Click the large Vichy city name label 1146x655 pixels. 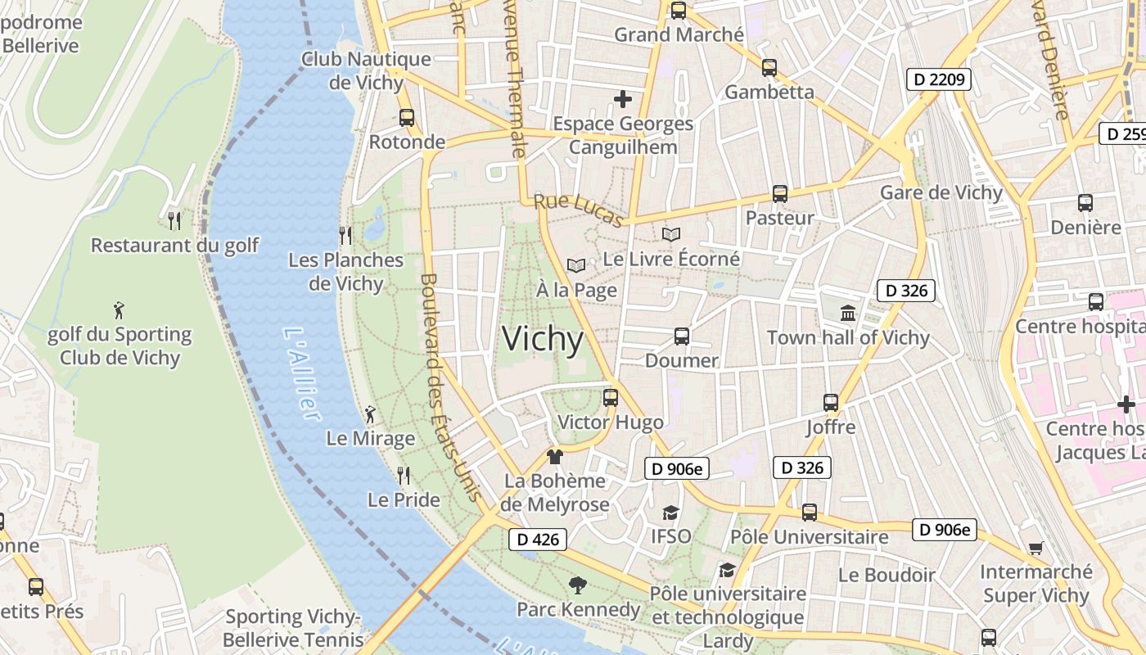(543, 339)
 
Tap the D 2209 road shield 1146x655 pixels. (938, 79)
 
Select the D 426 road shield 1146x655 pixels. (538, 539)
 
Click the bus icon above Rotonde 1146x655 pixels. (407, 117)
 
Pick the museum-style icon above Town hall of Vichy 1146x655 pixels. (848, 313)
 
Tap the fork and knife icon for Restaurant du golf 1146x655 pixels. (174, 220)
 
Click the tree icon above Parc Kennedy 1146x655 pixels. (578, 585)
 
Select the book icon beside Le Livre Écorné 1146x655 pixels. (671, 235)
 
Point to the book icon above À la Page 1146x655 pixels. (576, 265)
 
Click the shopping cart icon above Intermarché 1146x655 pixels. (1035, 548)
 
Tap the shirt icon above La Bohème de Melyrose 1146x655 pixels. (555, 456)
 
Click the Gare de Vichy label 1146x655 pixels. (941, 192)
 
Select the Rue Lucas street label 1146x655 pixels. (579, 209)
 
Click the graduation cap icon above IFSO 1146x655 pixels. (670, 513)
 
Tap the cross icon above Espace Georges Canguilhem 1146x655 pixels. (623, 99)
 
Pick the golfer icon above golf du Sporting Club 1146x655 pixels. (120, 310)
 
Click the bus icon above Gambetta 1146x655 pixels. (769, 68)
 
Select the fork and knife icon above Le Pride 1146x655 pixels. (404, 475)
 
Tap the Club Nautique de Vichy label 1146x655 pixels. (366, 70)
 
